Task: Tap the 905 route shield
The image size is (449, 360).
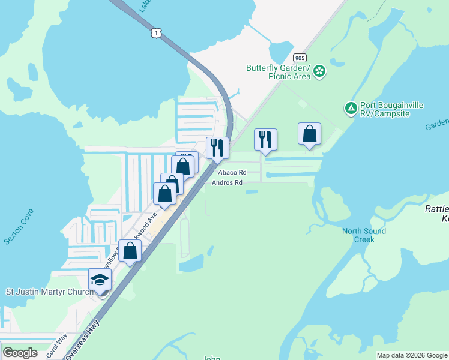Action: (300, 58)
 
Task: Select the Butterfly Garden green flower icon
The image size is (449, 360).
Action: (319, 71)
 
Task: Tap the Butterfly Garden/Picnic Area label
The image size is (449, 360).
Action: (279, 72)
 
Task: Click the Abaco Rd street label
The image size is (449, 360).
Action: (228, 172)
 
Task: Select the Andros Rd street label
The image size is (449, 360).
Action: (228, 182)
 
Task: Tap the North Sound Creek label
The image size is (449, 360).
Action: (364, 235)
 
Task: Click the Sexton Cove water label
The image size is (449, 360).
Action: (19, 227)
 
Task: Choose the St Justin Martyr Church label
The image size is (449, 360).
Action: (50, 292)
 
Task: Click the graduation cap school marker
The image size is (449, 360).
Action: (100, 280)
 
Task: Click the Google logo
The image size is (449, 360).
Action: (20, 353)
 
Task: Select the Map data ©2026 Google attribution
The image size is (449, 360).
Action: (411, 355)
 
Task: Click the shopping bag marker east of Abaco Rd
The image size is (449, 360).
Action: (309, 134)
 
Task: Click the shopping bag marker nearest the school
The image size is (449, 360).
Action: (130, 251)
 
